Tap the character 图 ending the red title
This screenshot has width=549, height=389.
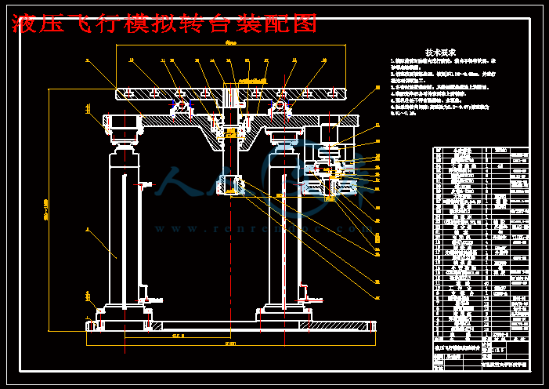(x=305, y=24)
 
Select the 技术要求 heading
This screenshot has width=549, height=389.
(x=439, y=53)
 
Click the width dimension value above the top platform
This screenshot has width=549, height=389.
(x=231, y=42)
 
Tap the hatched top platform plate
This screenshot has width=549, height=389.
(x=157, y=93)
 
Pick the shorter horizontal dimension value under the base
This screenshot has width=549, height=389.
(x=177, y=335)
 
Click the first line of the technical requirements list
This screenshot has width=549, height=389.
(x=446, y=60)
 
